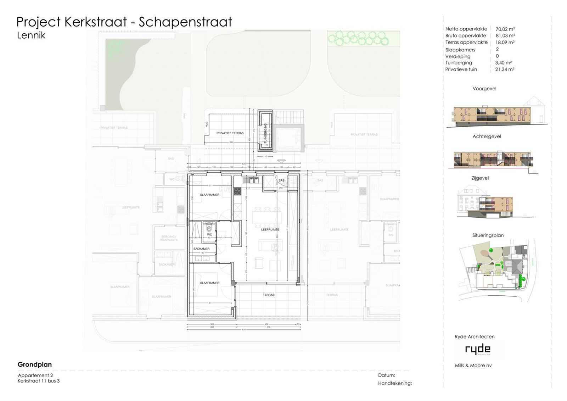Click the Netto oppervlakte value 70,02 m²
tap(505, 29)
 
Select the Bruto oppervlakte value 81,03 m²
tap(505, 36)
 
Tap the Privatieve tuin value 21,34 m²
tap(505, 69)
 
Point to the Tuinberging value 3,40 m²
tap(503, 63)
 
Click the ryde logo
tap(478, 350)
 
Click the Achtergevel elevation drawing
tap(493, 159)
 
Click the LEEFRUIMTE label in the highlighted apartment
tap(270, 230)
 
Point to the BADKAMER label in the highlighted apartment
tap(201, 249)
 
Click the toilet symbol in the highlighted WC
tap(209, 228)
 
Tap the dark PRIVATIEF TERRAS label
tap(230, 133)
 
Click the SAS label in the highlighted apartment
tap(281, 180)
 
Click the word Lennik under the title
tap(31, 35)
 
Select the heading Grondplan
tap(35, 364)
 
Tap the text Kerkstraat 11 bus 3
tap(39, 381)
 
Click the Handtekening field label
tap(395, 383)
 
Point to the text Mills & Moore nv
tap(473, 366)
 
